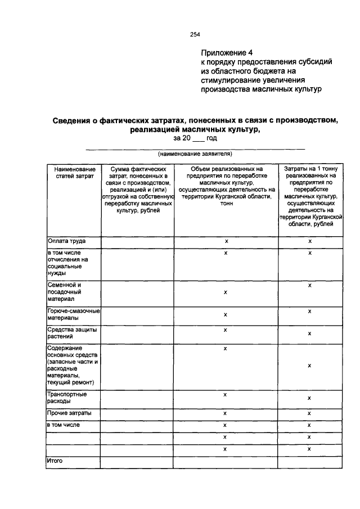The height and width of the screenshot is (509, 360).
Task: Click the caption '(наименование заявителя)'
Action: click(195, 153)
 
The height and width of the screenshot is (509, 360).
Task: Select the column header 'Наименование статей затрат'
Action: click(74, 173)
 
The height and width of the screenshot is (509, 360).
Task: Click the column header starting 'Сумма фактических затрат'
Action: click(138, 190)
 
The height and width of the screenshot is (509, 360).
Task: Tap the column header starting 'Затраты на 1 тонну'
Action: click(310, 196)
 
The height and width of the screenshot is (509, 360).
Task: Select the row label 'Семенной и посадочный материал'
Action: click(65, 292)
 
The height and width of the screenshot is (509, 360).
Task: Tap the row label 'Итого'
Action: click(55, 461)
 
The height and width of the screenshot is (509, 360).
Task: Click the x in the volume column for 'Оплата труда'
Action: click(226, 241)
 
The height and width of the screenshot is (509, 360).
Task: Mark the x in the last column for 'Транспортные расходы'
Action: click(310, 398)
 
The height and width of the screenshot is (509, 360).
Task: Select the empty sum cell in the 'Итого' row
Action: click(138, 462)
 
